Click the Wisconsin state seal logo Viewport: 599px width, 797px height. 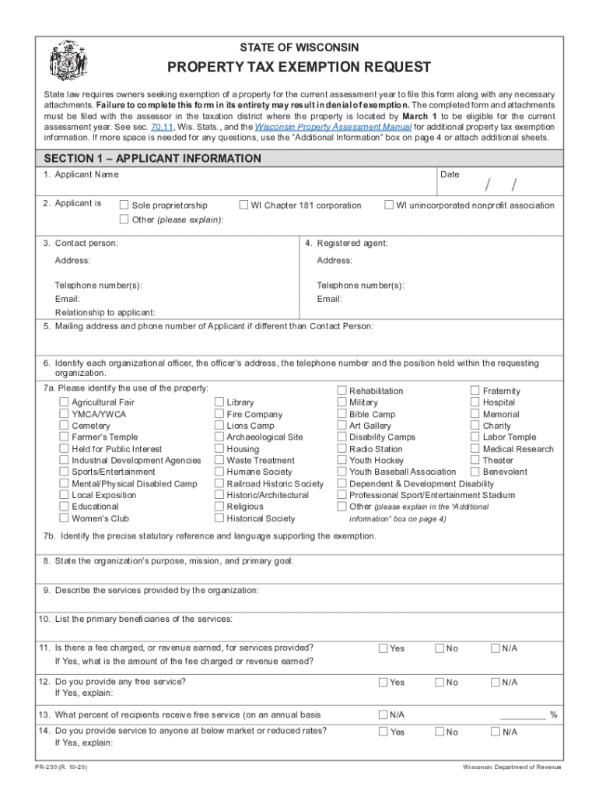click(x=68, y=61)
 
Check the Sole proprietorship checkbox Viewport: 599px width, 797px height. click(x=124, y=205)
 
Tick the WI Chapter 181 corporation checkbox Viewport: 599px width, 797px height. click(x=243, y=205)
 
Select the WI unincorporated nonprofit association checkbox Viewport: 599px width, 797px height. click(x=389, y=205)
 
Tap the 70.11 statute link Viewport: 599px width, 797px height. click(x=162, y=126)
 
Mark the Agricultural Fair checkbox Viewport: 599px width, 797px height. click(x=65, y=402)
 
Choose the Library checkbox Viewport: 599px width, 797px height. click(x=219, y=402)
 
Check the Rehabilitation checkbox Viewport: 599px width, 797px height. click(x=342, y=391)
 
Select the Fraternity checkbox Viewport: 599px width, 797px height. click(x=475, y=391)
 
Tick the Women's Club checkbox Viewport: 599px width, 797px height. click(x=65, y=518)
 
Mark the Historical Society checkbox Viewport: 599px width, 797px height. click(x=219, y=518)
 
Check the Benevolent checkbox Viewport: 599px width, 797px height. click(x=475, y=472)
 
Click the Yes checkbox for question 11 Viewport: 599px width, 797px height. click(x=383, y=648)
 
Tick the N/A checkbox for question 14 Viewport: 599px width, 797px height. click(x=495, y=732)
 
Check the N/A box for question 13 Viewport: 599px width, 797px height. click(x=383, y=714)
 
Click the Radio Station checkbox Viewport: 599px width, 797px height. click(x=342, y=448)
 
